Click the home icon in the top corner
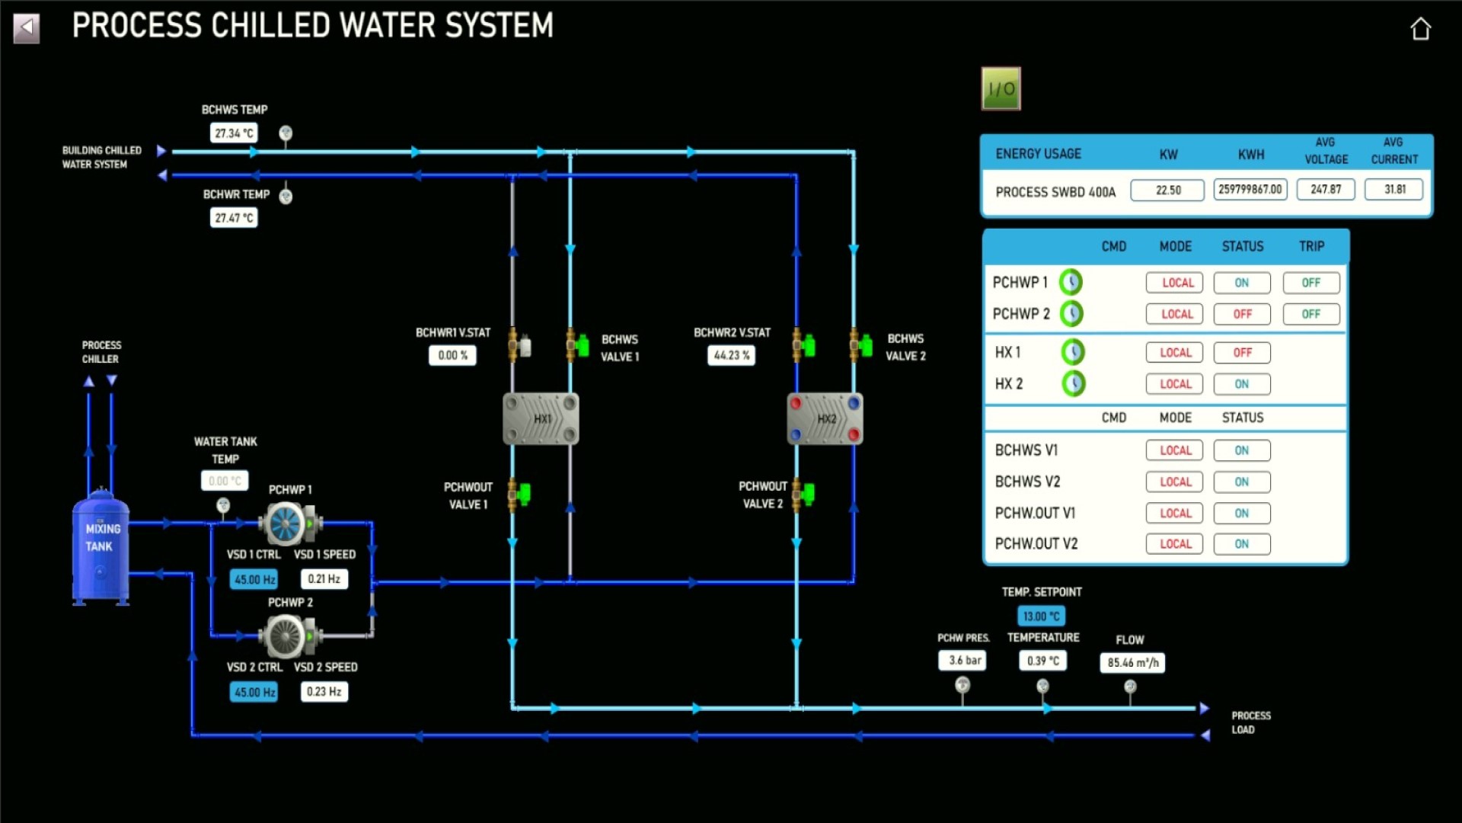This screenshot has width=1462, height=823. pyautogui.click(x=1420, y=29)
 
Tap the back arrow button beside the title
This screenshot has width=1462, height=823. pyautogui.click(x=27, y=29)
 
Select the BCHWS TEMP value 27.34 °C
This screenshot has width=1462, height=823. pyautogui.click(x=234, y=133)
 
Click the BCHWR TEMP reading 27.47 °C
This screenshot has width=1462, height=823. pyautogui.click(x=234, y=218)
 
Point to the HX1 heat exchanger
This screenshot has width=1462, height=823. pyautogui.click(x=541, y=419)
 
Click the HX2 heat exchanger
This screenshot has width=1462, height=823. pyautogui.click(x=825, y=419)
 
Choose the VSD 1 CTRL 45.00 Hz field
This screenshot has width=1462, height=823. pyautogui.click(x=254, y=579)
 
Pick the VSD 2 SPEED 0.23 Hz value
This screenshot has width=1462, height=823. pyautogui.click(x=324, y=692)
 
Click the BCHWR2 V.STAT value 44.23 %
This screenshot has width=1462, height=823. pyautogui.click(x=731, y=355)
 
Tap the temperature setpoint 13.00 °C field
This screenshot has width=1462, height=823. pyautogui.click(x=1041, y=616)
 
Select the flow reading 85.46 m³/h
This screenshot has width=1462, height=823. pyautogui.click(x=1132, y=663)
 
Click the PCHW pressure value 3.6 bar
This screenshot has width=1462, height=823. pyautogui.click(x=963, y=661)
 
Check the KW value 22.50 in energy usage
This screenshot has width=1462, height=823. pyautogui.click(x=1167, y=190)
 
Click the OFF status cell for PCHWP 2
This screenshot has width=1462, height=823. pyautogui.click(x=1242, y=314)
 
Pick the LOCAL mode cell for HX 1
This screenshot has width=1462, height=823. pyautogui.click(x=1175, y=353)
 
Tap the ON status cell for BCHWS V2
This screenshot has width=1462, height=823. pyautogui.click(x=1242, y=482)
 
